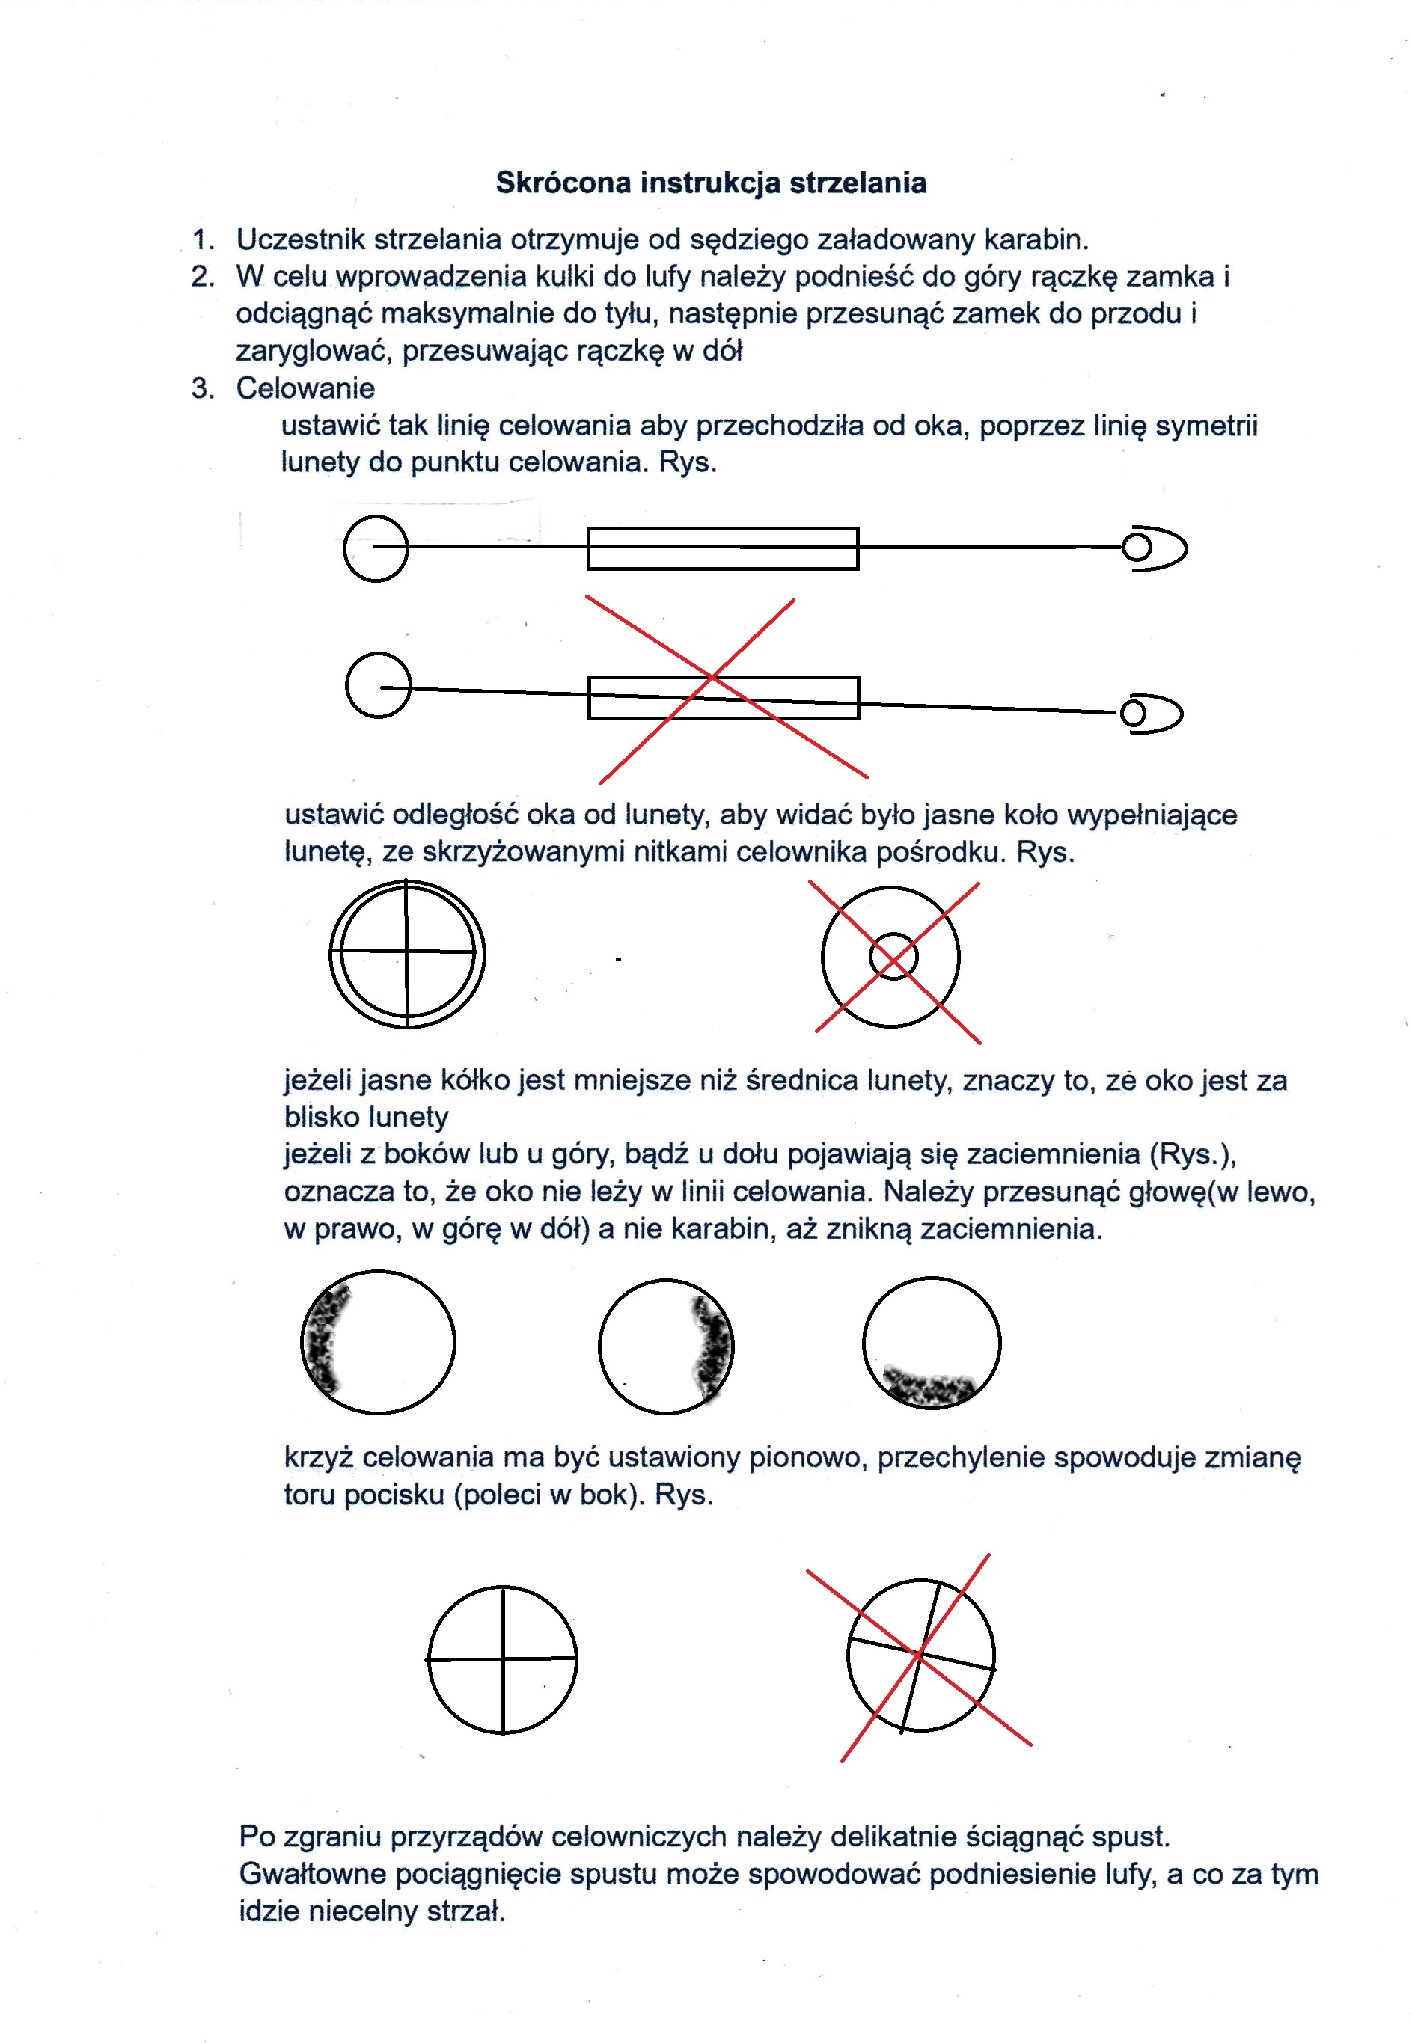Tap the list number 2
point(202,277)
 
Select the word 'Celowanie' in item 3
point(305,388)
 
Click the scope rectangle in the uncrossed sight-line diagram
point(723,548)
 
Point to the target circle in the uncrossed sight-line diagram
point(376,548)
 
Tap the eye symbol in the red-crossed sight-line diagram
point(1150,714)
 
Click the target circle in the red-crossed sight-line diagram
point(379,685)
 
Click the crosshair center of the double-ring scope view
point(407,952)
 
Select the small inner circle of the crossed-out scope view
point(893,957)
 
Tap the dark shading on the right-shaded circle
point(713,1348)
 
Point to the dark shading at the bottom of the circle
point(930,1386)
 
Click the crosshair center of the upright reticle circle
point(504,1659)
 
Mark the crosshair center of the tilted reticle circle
point(920,1653)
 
